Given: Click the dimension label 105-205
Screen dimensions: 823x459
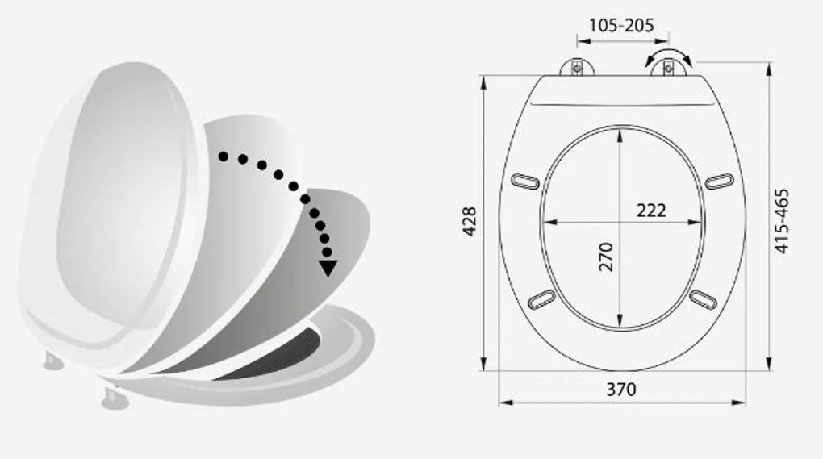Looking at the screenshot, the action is (x=621, y=25).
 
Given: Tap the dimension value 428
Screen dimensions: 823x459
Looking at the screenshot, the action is (x=470, y=221).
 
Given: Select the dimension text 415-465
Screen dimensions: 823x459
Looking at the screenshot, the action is (x=781, y=221).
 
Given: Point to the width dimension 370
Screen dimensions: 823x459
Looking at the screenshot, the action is (x=621, y=390).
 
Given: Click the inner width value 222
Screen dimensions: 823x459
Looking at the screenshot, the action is (x=651, y=211).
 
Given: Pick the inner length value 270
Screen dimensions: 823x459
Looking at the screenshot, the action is (x=606, y=257).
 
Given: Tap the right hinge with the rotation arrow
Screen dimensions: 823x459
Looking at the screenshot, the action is (x=669, y=69).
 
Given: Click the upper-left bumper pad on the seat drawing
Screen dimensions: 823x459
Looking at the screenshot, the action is (x=525, y=182).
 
